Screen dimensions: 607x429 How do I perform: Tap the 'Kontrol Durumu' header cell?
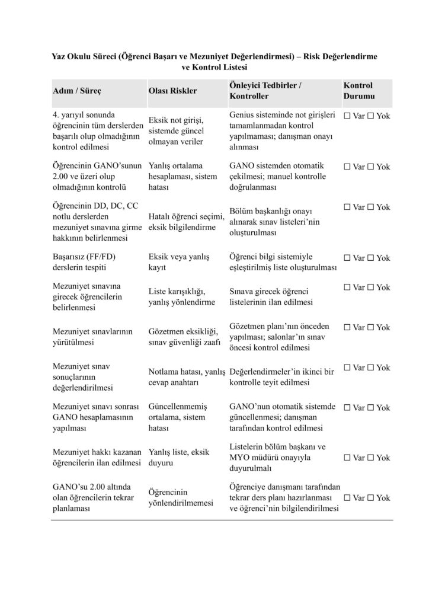(358, 91)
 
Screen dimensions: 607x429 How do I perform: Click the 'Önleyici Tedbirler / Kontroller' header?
(265, 91)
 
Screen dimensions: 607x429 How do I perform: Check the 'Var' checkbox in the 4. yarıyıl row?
(347, 116)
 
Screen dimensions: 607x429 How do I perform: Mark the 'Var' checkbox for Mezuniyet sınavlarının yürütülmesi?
(347, 327)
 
